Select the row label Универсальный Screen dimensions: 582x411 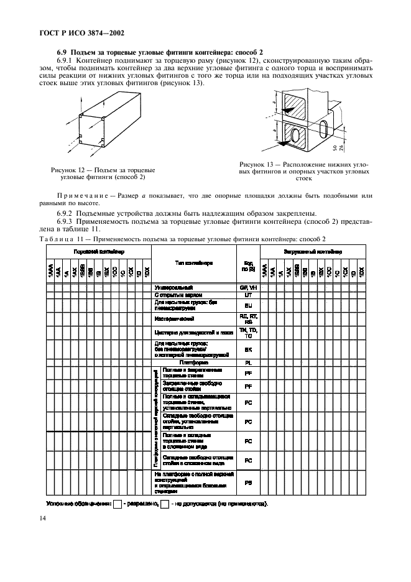click(173, 288)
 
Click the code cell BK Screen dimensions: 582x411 click(248, 350)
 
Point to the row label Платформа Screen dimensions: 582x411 click(193, 362)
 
